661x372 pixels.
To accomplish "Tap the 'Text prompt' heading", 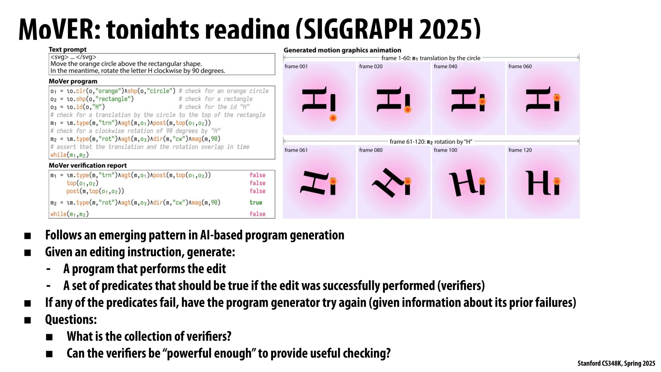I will [x=68, y=50].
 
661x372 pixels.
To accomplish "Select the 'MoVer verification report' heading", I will [x=88, y=166].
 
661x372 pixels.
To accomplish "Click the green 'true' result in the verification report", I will [x=256, y=203].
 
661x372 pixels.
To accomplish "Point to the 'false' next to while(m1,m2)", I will [x=257, y=214].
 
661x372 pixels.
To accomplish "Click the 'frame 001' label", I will [x=296, y=66].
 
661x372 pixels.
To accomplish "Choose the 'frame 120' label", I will [x=520, y=150].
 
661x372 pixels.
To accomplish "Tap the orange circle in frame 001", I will [x=333, y=118].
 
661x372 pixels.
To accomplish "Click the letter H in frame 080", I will [x=387, y=183].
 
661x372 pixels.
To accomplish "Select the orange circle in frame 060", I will [x=557, y=98].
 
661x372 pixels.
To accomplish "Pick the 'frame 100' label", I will [x=445, y=150].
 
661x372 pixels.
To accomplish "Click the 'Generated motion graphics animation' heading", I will [x=342, y=50].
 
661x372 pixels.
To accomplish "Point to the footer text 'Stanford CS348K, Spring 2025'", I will [x=616, y=363].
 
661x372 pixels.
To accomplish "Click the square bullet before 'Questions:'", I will [x=28, y=320].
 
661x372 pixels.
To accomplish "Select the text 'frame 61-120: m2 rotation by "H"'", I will [x=431, y=142].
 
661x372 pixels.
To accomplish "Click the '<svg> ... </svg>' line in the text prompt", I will [x=73, y=57].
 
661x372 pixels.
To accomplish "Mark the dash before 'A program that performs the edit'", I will [x=48, y=269].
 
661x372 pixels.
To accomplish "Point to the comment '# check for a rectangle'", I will [x=215, y=99].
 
